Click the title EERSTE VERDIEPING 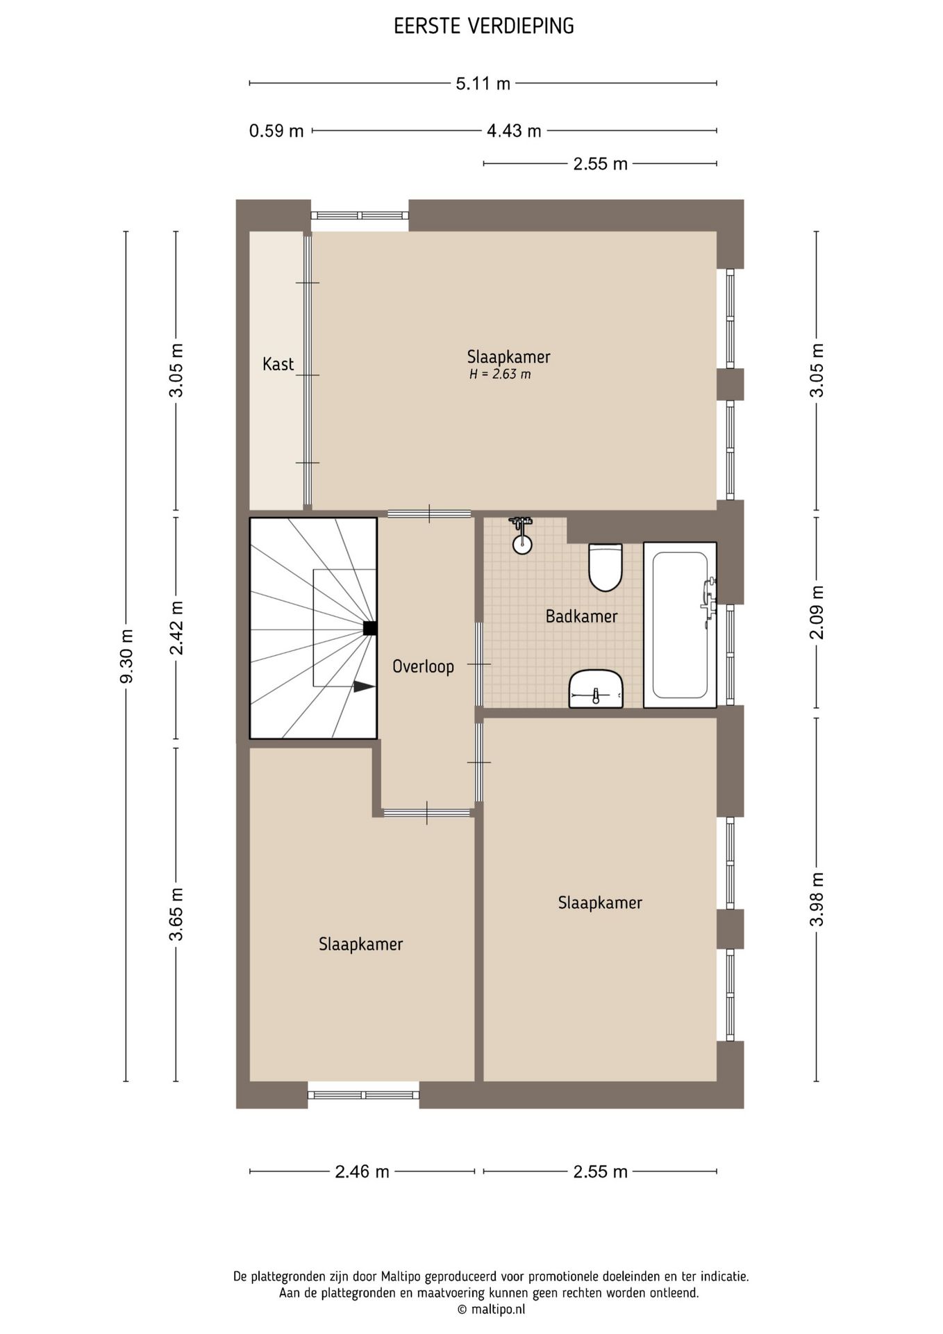(x=484, y=26)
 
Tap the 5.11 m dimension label (x=483, y=84)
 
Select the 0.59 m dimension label (x=276, y=131)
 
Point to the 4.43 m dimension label (x=514, y=131)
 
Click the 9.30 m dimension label (x=126, y=656)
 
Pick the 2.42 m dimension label (x=176, y=628)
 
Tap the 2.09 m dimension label (x=817, y=612)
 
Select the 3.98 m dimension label (x=817, y=899)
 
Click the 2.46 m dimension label (x=362, y=1172)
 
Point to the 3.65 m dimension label (x=176, y=914)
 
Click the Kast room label (x=278, y=363)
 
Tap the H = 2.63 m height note (x=500, y=374)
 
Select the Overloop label (x=423, y=666)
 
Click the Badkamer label (x=581, y=616)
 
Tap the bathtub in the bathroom (x=680, y=625)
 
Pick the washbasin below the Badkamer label (x=596, y=689)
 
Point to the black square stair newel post (x=370, y=628)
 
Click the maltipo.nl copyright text (x=491, y=1309)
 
